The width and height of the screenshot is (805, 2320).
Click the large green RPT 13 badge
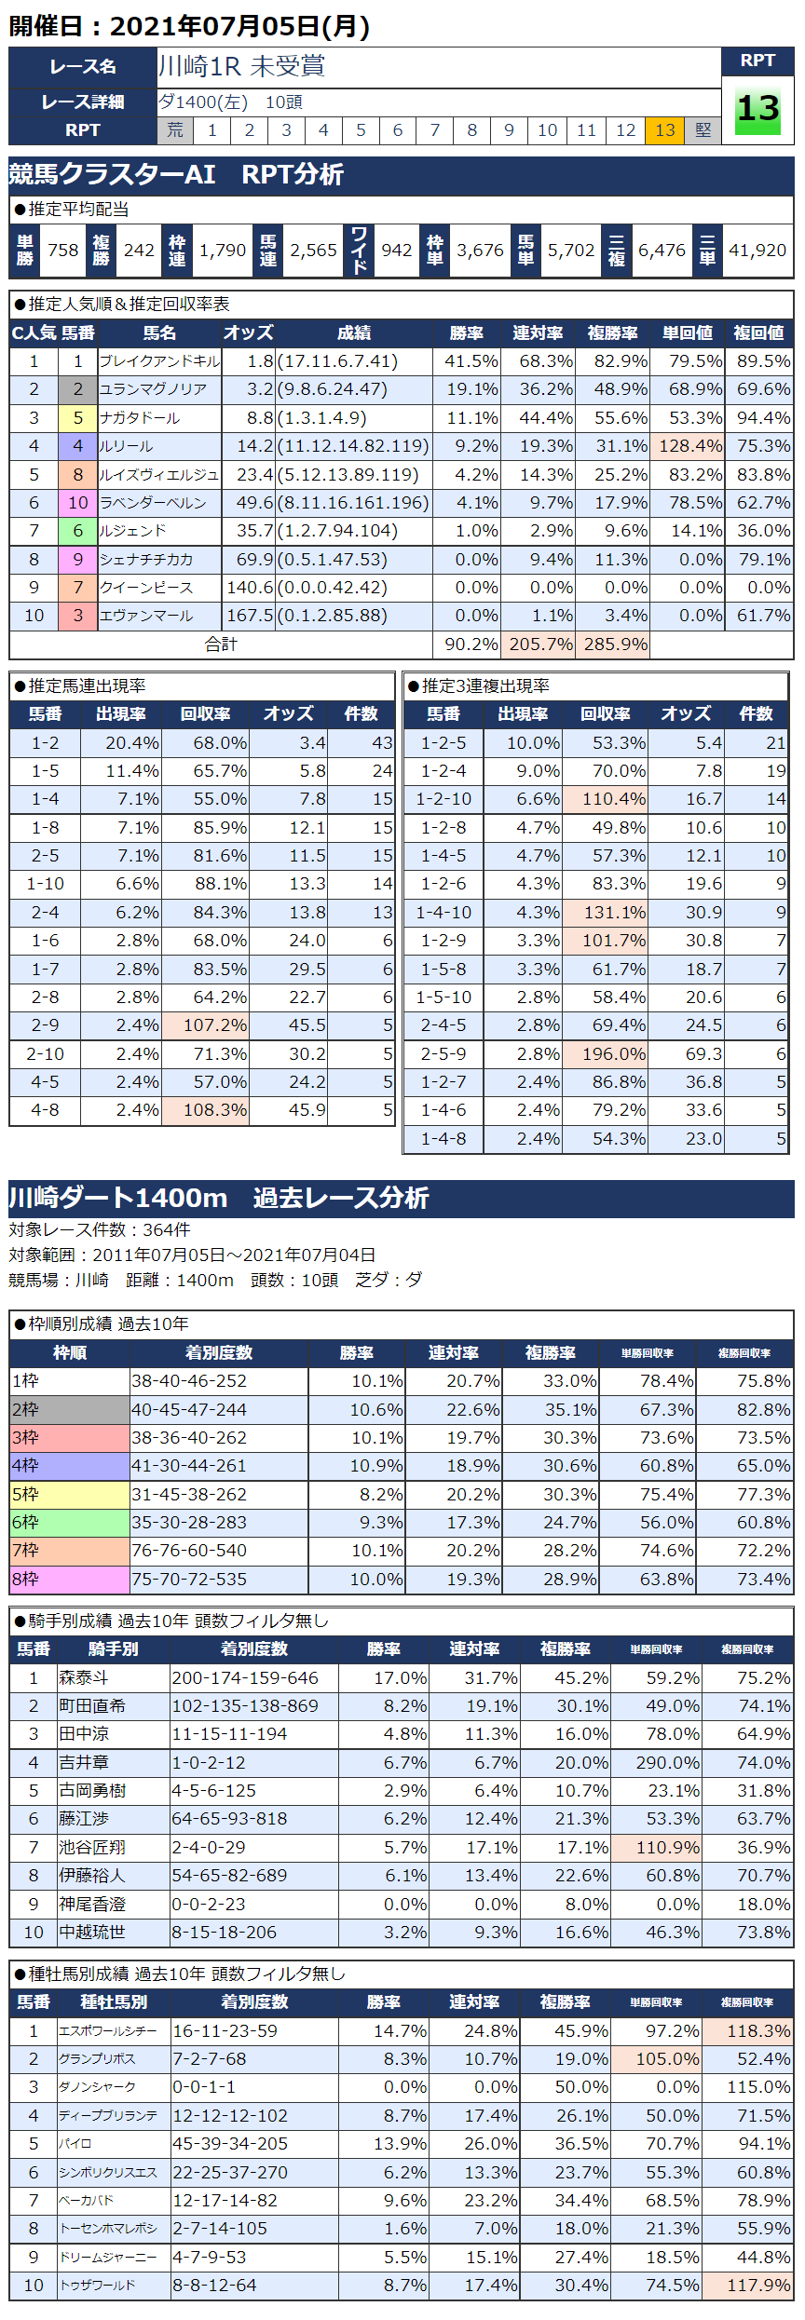(757, 110)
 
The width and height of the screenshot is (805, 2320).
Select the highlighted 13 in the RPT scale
(664, 130)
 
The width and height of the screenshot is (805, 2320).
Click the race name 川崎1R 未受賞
(241, 66)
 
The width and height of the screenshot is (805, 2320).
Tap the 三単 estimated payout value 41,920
(757, 251)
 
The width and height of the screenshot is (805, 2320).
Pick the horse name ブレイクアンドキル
(159, 361)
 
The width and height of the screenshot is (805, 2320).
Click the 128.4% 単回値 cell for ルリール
(689, 446)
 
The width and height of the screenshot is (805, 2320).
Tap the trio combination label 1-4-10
(443, 913)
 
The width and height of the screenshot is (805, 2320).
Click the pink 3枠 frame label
(69, 1438)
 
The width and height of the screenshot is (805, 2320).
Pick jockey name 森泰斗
(84, 1678)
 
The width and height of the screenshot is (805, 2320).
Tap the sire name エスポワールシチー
(108, 2031)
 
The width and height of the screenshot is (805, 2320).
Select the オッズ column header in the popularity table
(248, 333)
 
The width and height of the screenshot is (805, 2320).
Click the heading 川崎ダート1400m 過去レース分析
(219, 1198)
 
